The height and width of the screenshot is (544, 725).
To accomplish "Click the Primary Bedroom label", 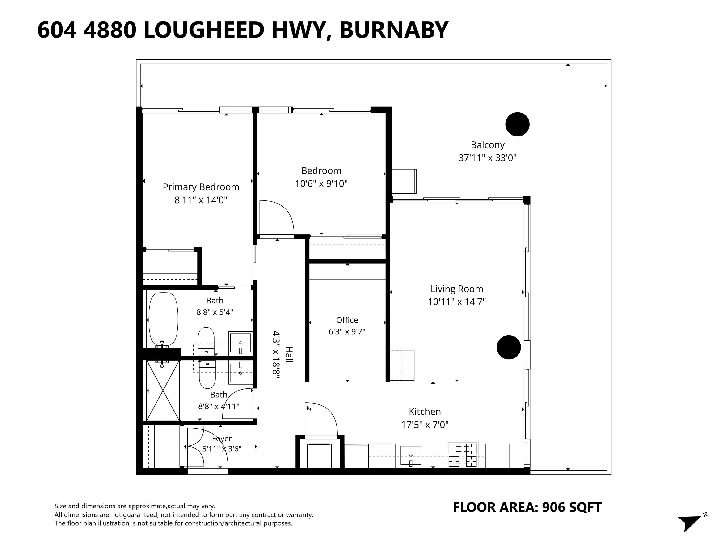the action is (201, 187).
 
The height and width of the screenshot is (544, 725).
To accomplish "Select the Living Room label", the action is (457, 289).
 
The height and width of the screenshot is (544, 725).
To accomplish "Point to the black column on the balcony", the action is (517, 124).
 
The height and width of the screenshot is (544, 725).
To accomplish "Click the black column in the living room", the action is (509, 347).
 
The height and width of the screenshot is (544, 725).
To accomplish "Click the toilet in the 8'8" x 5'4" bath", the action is (206, 341).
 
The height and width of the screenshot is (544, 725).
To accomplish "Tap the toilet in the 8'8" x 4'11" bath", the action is (207, 374).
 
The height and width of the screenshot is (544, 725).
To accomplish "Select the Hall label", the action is (289, 354).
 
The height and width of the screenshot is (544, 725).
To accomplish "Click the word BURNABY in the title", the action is (394, 30).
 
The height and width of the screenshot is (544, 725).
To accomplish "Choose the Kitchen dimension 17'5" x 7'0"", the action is (425, 425).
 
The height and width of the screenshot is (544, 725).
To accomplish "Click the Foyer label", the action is (222, 439).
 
